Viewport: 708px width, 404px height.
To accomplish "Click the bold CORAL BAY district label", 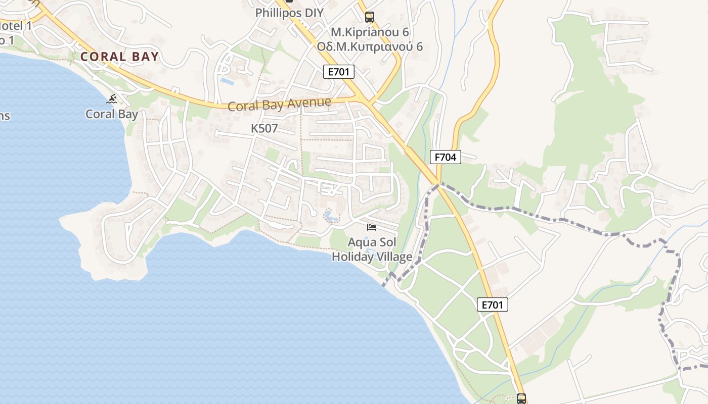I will click(x=119, y=57).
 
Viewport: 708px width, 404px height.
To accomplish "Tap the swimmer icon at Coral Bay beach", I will click(x=112, y=99).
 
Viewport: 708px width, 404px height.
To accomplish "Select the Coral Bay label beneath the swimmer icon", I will click(x=111, y=114).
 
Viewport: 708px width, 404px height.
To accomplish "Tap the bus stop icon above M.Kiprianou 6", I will click(x=370, y=17).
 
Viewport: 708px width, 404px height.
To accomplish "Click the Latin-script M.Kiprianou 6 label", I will click(x=369, y=32).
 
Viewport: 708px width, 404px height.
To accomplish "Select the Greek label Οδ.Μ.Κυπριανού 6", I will click(x=369, y=47).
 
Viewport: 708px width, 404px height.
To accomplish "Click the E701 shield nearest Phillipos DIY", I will click(x=339, y=72).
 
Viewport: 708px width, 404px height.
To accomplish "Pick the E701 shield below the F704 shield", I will click(x=492, y=305).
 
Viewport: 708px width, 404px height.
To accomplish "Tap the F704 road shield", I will click(x=446, y=157).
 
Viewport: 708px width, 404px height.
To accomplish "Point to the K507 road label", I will click(x=264, y=129).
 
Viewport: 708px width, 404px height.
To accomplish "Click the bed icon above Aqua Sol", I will click(x=372, y=227).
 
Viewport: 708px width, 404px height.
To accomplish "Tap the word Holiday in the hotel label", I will click(x=353, y=257).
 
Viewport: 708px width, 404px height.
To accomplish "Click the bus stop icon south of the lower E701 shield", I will click(x=521, y=398).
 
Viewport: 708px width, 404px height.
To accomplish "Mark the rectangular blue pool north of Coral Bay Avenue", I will click(x=227, y=80).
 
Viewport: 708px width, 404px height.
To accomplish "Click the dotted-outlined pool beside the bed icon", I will click(x=331, y=217).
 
